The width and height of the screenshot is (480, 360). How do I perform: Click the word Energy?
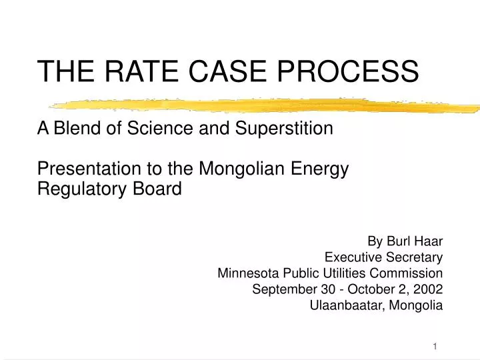coord(323,170)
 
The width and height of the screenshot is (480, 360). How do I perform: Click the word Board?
coord(160,189)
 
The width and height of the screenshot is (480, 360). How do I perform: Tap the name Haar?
coord(428,240)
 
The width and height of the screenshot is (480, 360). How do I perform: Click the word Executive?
coord(350,257)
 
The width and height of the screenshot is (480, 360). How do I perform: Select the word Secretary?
coord(414,257)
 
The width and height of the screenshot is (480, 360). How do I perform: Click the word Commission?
coord(410,273)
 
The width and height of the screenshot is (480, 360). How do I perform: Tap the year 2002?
coord(428,289)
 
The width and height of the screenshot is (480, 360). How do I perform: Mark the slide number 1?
coord(435,345)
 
